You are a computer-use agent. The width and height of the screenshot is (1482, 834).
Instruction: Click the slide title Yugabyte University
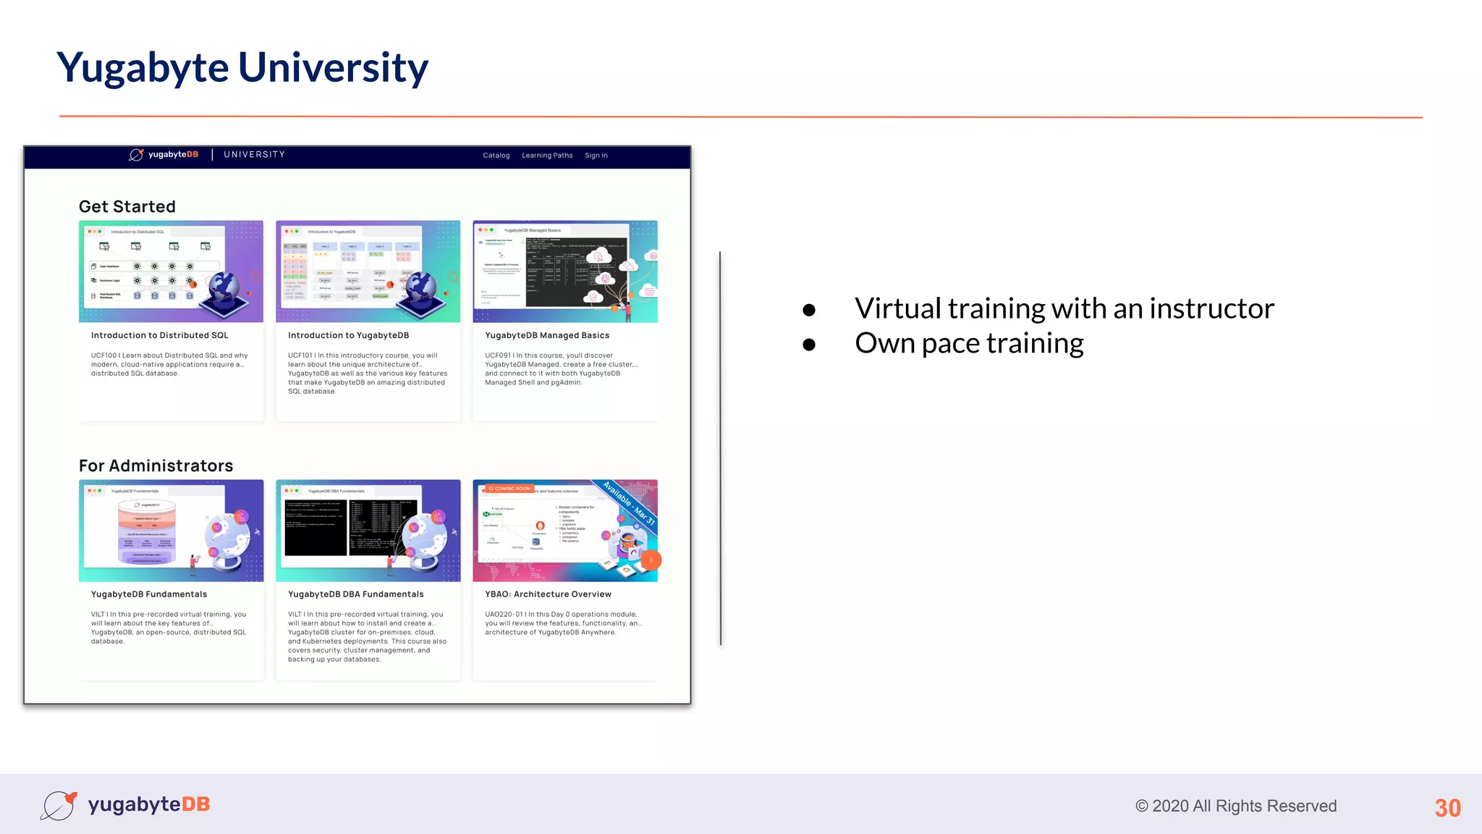pos(242,68)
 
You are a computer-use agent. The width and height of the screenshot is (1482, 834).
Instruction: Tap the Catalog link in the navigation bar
pos(496,156)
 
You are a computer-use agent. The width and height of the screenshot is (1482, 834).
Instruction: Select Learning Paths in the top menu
pos(547,156)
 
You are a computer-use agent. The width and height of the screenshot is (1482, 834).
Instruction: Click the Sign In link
pos(596,156)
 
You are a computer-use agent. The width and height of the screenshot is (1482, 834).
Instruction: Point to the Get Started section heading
pos(127,207)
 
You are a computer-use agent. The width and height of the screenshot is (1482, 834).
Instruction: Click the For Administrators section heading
pos(156,466)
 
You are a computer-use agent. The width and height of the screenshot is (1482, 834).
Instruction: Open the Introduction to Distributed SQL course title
pos(159,336)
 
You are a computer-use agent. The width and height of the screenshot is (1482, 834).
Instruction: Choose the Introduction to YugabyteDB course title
pos(348,336)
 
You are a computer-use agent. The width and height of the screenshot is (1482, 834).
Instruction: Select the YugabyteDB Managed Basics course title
pos(547,336)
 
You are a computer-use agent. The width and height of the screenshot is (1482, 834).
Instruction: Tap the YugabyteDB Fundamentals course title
pos(149,594)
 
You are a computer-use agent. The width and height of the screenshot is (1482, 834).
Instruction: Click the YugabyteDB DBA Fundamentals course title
pos(356,594)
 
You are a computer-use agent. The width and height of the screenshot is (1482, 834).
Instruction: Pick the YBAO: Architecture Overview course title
pos(548,594)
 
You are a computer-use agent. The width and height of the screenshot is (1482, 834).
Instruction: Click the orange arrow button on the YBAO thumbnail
pos(651,560)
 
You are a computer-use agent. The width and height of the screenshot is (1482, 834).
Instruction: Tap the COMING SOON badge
pos(510,489)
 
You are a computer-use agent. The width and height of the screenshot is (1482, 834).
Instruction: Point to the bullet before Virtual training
pos(809,311)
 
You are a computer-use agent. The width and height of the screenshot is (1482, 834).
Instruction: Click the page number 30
pos(1447,808)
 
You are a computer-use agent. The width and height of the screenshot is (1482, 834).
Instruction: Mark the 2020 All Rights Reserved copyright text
pos(1236,806)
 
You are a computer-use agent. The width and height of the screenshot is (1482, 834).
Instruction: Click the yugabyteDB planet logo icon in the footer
pos(59,805)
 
